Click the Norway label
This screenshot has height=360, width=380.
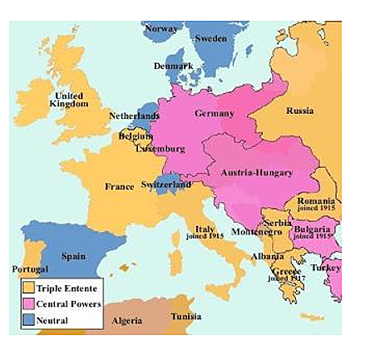coord(161,28)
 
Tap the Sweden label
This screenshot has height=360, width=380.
coord(211,39)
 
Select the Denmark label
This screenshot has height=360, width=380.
coord(173,66)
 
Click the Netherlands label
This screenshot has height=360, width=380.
coord(134,116)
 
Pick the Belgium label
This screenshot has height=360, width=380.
coord(136,135)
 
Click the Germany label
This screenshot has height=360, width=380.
coord(214,113)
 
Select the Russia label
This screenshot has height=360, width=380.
coord(299,111)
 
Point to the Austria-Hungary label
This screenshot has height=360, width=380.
coord(257,173)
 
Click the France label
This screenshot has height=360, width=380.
coord(120,186)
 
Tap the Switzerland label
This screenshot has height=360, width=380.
coord(165,184)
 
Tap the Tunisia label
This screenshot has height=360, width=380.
coord(185,316)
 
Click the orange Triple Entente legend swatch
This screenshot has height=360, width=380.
coord(28,288)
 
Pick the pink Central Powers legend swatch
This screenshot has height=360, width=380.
coord(28,303)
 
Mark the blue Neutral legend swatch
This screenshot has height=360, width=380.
coord(28,318)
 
